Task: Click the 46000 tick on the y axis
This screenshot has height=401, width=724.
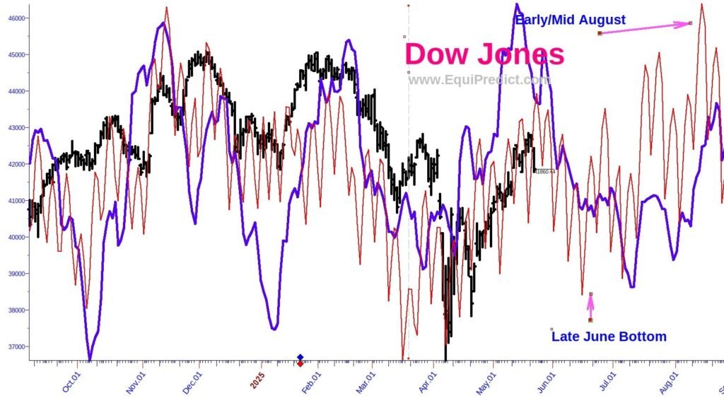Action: click(x=14, y=18)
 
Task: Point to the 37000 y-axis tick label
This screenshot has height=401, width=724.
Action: click(x=14, y=347)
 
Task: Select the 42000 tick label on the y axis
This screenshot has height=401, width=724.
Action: click(x=14, y=164)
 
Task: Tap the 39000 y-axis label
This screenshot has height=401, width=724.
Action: click(x=14, y=274)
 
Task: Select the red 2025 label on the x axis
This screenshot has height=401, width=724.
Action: click(x=257, y=380)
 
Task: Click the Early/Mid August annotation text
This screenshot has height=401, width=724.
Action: click(x=570, y=20)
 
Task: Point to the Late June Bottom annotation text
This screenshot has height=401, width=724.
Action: click(x=609, y=336)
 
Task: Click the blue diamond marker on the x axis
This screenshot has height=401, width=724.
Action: click(x=300, y=357)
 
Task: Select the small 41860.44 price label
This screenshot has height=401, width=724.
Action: click(x=545, y=171)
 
